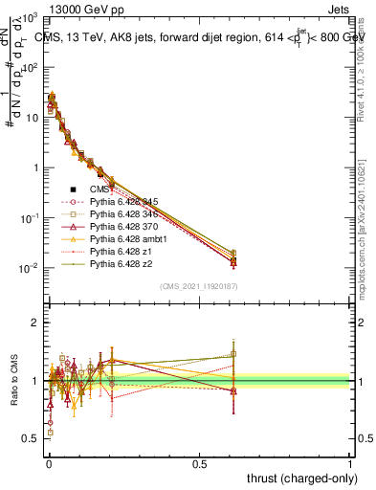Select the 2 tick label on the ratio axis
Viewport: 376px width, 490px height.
pyautogui.click(x=33, y=323)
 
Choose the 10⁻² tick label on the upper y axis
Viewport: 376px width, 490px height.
pyautogui.click(x=30, y=268)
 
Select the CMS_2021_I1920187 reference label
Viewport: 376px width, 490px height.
pyautogui.click(x=200, y=286)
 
